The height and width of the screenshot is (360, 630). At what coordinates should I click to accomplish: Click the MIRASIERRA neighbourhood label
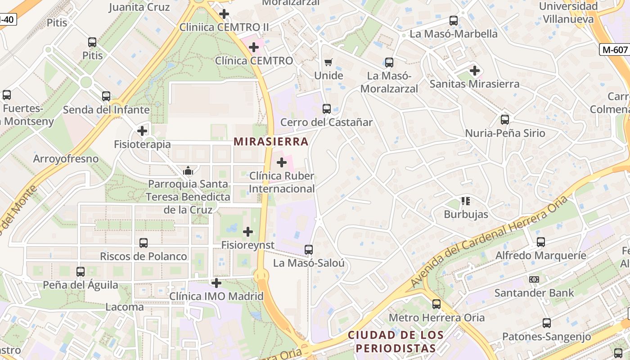coord(271,142)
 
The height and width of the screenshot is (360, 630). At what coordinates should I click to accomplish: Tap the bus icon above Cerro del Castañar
coord(327,109)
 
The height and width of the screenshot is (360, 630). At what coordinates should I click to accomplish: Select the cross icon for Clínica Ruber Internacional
coord(282,162)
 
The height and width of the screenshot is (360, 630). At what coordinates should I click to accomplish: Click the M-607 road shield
coord(615,49)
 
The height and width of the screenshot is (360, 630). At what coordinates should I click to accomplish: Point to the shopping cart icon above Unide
coord(328,62)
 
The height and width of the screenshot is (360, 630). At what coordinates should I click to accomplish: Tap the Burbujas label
coord(466,214)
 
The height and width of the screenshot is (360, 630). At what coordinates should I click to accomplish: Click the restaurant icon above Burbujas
coord(466,201)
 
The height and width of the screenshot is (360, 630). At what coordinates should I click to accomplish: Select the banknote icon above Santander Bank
coord(534,279)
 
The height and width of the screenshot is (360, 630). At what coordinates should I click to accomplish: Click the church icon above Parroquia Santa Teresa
coord(188,171)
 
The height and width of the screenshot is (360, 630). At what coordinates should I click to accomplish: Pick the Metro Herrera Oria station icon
coord(436,304)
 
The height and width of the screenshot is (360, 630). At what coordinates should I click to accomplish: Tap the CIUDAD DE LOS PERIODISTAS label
coord(396,342)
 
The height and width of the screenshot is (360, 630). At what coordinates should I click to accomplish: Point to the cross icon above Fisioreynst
coord(248,232)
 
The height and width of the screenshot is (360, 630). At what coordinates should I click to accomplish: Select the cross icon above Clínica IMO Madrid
coord(216,283)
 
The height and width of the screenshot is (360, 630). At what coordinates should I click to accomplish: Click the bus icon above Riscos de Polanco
coord(144,243)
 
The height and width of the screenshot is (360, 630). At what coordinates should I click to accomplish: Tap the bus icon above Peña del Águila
coord(81,272)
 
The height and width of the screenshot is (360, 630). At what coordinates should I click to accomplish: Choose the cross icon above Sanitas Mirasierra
coord(474,71)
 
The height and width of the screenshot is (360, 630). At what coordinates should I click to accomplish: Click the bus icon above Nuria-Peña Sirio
coord(505,120)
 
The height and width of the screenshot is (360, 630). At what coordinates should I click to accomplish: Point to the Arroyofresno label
coord(66,159)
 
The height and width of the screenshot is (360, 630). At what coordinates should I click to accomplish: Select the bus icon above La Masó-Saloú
coord(309,250)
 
